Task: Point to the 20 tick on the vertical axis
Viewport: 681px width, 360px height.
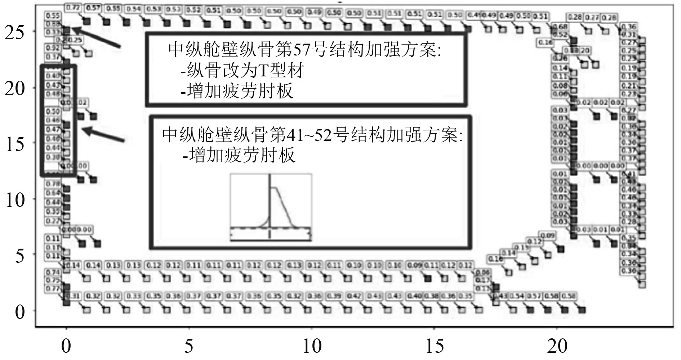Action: point(14,88)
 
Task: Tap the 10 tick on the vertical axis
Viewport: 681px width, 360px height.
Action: point(14,199)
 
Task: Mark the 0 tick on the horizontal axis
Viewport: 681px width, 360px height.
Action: point(66,346)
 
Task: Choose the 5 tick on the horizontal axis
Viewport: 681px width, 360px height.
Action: point(189,346)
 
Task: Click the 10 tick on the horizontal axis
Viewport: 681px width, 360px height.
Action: point(312,346)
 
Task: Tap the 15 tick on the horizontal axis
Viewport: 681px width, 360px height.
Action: point(434,346)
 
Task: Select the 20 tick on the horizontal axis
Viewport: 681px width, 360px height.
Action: point(557,346)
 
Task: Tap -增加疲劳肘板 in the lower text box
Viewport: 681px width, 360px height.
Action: point(239,155)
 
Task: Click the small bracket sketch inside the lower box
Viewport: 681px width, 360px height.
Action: point(271,207)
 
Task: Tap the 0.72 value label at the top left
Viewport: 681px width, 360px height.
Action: point(74,7)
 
